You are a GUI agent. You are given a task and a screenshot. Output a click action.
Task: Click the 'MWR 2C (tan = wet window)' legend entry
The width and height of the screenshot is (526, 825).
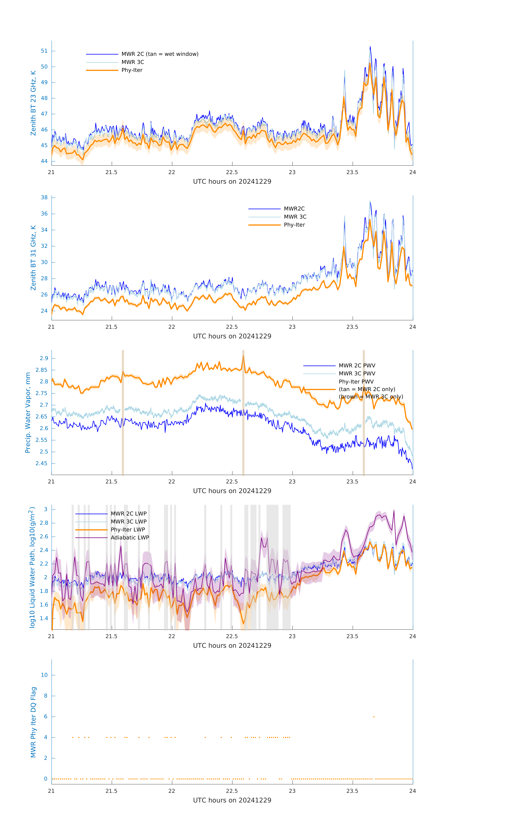(160, 54)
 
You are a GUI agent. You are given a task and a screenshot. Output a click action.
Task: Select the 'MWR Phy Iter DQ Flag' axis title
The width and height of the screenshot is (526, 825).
(33, 722)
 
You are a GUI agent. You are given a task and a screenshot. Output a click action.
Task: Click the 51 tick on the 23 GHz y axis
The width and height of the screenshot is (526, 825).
(44, 51)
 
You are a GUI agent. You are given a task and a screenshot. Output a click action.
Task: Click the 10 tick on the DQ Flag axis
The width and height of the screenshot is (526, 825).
(44, 675)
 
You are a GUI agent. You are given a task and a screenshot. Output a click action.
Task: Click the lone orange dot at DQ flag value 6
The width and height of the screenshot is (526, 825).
(374, 716)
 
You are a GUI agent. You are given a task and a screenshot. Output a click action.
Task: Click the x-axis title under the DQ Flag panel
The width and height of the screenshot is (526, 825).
(232, 800)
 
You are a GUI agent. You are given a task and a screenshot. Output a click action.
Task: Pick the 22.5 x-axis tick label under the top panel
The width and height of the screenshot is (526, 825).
(232, 172)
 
